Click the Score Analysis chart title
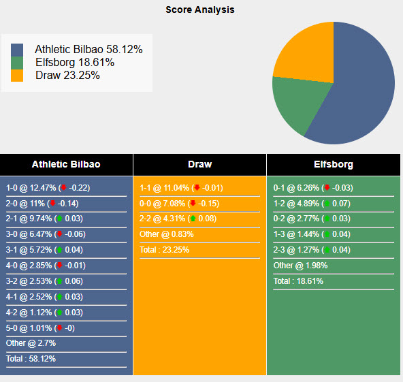[200, 10]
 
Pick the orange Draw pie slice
[303, 51]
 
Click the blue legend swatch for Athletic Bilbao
[17, 50]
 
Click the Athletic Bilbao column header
[66, 165]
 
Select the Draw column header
[199, 165]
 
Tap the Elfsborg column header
[334, 165]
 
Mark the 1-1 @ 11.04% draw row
[180, 188]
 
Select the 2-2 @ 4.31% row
[180, 219]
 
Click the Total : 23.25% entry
[164, 250]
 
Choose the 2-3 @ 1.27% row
[314, 250]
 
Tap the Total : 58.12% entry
[31, 358]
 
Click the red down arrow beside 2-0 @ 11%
[52, 204]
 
